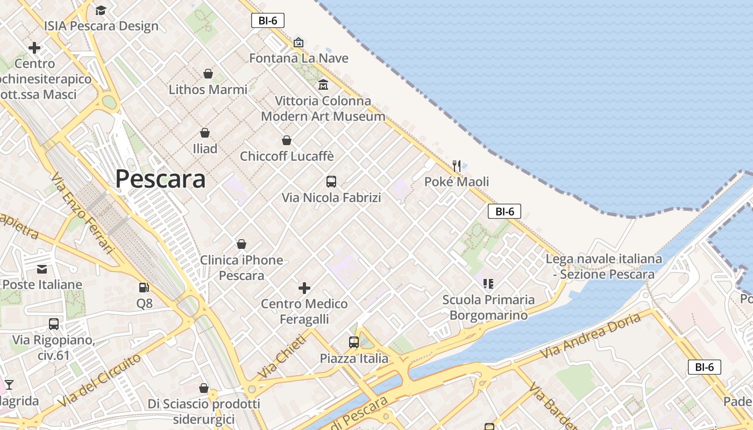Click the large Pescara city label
(x=160, y=179)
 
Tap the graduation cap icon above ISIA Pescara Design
(x=101, y=10)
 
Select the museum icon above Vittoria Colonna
(x=323, y=85)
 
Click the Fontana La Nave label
(x=299, y=58)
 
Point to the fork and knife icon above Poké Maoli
(x=457, y=166)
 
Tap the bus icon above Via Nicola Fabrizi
(x=331, y=182)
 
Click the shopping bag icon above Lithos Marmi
(x=208, y=74)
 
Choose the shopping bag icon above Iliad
(x=205, y=133)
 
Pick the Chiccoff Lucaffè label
(x=287, y=156)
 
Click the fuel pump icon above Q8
(x=144, y=288)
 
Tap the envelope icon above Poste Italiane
(x=42, y=269)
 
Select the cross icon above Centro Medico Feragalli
(x=304, y=288)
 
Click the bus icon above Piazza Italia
(x=354, y=342)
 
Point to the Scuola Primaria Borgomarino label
(x=488, y=307)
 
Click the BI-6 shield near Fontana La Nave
(x=268, y=21)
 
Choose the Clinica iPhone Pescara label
(x=241, y=268)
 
